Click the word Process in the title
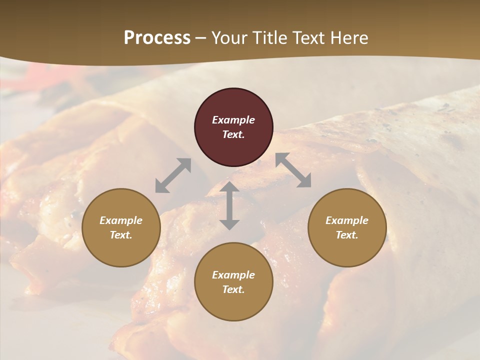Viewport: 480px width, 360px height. [x=157, y=38]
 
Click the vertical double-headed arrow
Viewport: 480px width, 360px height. [x=229, y=206]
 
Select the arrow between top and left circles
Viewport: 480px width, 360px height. [x=173, y=175]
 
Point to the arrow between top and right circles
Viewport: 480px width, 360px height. [x=293, y=170]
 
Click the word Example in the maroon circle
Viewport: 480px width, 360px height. [x=233, y=120]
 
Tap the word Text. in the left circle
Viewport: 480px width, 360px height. [x=121, y=235]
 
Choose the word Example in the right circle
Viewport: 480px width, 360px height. [x=347, y=220]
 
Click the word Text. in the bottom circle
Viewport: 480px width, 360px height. [x=233, y=289]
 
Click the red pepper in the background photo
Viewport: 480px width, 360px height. [x=40, y=75]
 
